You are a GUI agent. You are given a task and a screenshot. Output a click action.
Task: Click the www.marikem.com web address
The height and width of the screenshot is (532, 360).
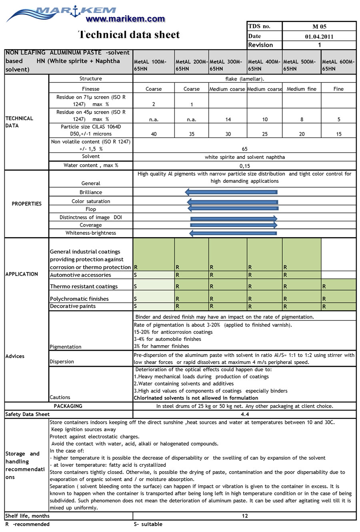tap(125, 19)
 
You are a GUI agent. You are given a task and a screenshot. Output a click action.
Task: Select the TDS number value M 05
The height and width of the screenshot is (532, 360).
tap(319, 26)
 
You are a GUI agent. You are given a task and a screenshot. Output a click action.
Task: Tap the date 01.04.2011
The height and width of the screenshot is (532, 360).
tap(319, 36)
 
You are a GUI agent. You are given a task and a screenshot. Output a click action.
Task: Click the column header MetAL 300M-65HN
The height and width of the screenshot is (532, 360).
tap(226, 65)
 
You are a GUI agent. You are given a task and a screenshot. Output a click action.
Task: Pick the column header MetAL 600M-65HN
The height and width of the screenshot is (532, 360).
tap(338, 65)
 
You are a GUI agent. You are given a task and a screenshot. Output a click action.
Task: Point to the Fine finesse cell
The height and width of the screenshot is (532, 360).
tap(338, 89)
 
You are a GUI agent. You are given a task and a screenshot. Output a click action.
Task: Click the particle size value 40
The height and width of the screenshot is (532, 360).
tap(154, 134)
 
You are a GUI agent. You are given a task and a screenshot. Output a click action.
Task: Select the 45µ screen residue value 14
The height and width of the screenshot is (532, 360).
tap(228, 119)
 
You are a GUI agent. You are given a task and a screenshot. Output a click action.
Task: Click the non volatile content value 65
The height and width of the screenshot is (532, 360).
tap(245, 149)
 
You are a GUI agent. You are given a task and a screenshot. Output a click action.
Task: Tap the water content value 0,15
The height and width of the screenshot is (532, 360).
tap(245, 165)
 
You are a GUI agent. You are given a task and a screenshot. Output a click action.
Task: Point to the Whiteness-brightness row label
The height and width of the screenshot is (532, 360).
tap(91, 233)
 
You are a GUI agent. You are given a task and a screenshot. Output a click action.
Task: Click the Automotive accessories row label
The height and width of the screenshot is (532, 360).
tap(80, 275)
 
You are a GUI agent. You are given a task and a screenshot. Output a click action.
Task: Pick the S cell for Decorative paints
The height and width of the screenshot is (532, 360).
tap(136, 306)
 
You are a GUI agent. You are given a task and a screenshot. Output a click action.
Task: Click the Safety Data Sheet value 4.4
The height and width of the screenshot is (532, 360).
tap(245, 414)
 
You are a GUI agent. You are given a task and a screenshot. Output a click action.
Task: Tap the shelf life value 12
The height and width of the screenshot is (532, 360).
tap(245, 516)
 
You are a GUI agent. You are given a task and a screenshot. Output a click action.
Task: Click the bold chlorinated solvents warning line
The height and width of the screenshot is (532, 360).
tap(196, 398)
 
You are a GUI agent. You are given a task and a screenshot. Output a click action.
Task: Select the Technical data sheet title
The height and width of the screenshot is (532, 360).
tap(129, 35)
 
